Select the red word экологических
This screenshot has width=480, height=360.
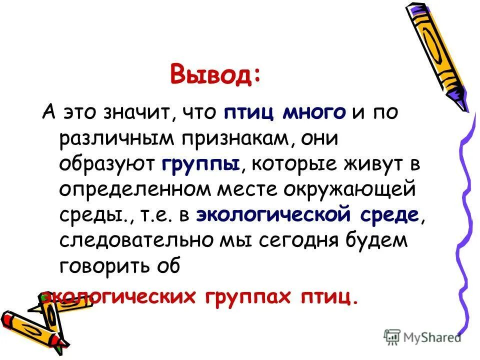[x=120, y=296]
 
